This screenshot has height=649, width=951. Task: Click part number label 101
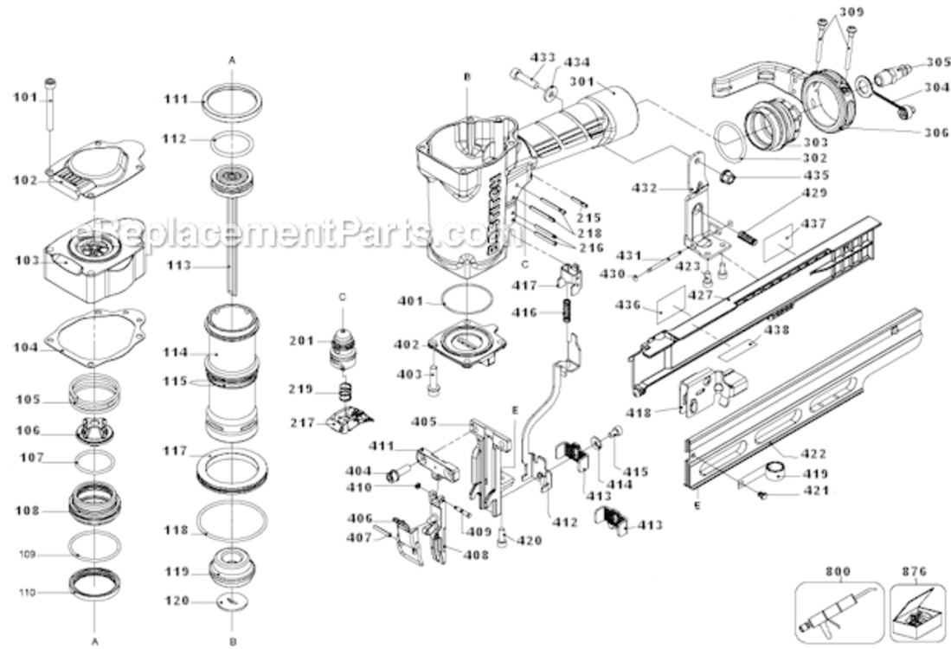click(26, 97)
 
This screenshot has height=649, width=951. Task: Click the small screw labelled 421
click(762, 494)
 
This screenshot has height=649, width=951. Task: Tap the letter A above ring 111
click(231, 60)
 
